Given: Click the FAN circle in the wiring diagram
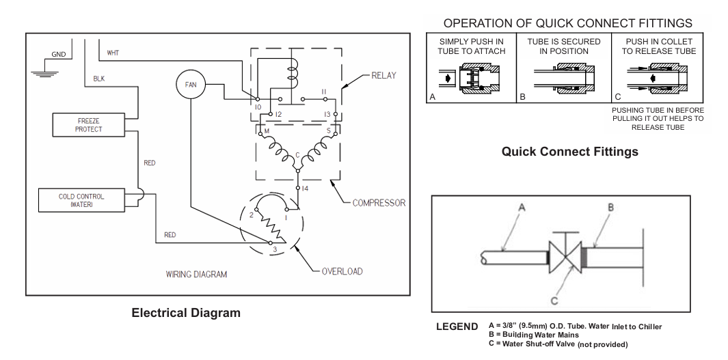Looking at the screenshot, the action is (x=190, y=85).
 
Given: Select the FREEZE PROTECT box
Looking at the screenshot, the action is (x=88, y=125).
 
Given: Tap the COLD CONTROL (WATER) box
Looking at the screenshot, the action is (x=81, y=200).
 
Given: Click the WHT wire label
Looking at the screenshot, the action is (x=113, y=53).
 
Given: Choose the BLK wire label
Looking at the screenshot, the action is (x=99, y=79).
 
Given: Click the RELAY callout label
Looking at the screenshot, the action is (x=383, y=75).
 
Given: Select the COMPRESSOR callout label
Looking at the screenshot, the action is (x=379, y=203).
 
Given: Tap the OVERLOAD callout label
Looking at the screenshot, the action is (x=342, y=271).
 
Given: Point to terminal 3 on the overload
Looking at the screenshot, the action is (x=271, y=243).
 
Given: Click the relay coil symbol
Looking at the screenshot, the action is (x=292, y=73).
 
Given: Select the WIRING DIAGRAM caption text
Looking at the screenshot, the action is (x=196, y=274).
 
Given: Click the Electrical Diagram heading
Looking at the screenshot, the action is (x=186, y=313).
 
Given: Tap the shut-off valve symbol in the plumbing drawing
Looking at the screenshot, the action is (x=565, y=257).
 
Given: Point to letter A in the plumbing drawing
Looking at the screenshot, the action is (x=521, y=208).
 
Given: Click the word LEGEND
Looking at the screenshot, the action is (x=457, y=327).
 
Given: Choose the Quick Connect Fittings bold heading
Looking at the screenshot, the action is (x=569, y=151).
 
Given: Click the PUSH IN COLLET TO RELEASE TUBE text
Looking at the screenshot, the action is (x=659, y=46).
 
